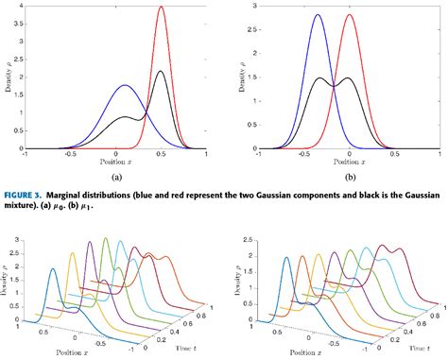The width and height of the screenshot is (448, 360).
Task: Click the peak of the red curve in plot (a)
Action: coord(162,8)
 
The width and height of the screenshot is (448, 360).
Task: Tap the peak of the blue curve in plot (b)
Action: coord(318,15)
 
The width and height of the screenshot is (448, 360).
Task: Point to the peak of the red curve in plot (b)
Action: coord(350,15)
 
